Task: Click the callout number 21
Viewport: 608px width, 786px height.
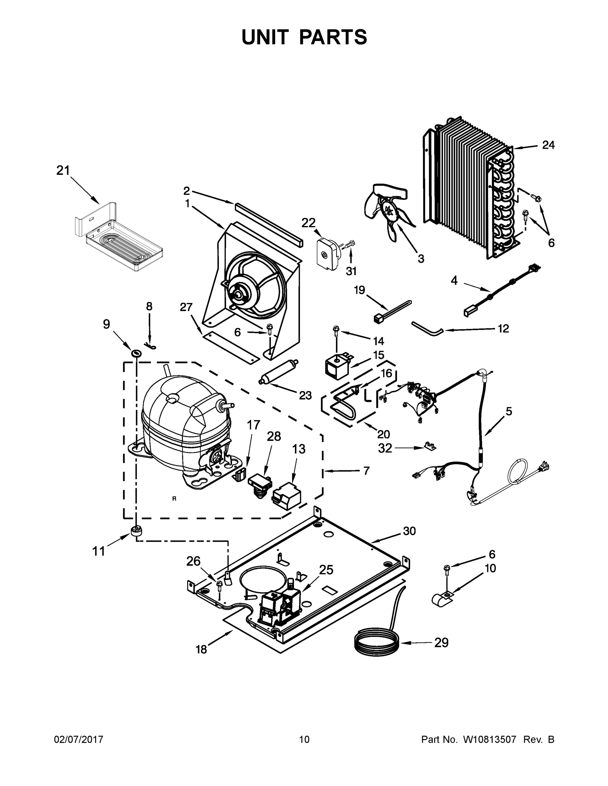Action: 63,171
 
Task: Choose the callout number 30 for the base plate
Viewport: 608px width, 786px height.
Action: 409,531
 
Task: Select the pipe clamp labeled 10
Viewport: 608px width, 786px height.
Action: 442,598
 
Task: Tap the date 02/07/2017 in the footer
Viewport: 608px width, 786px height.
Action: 79,739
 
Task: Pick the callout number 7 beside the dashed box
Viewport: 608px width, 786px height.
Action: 366,470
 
